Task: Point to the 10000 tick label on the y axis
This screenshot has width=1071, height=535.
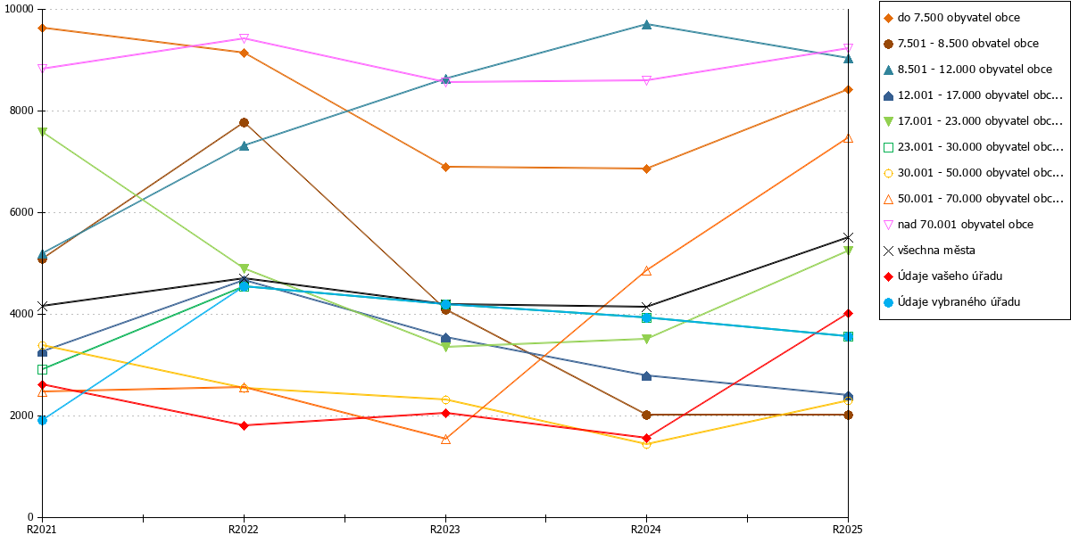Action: pos(19,9)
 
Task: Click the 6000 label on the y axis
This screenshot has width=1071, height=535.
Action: pos(21,212)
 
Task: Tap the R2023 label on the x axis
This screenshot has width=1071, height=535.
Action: pos(445,530)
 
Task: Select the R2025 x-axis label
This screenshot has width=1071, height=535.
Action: pos(848,530)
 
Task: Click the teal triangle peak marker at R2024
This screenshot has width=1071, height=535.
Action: pos(646,24)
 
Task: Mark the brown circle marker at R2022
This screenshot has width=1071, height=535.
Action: pos(244,123)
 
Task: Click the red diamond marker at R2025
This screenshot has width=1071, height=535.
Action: pos(848,313)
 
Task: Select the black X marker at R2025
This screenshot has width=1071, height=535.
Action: pos(848,237)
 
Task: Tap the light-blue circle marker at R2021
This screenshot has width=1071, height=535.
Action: pos(42,420)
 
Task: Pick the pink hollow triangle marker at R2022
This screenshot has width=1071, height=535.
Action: pos(244,38)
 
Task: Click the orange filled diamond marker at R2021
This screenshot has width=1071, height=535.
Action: pos(42,29)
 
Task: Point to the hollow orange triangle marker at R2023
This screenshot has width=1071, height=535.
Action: pos(445,439)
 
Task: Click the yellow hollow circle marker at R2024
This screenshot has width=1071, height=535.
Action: pos(646,445)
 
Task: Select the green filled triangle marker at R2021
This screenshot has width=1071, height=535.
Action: pos(42,132)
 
